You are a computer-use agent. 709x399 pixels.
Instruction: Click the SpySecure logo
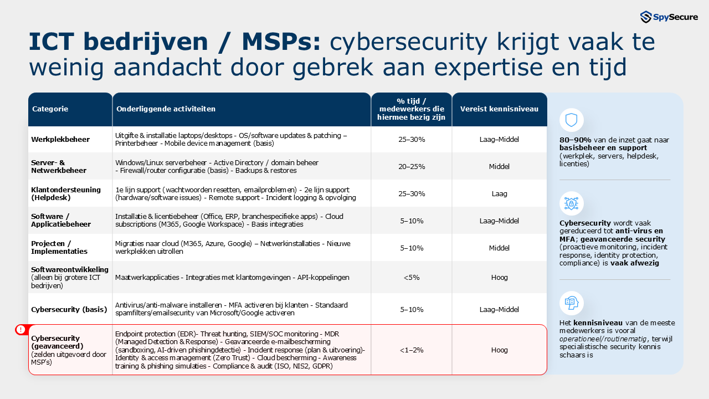pos(668,17)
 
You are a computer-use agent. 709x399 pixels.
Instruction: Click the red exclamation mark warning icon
pos(21,330)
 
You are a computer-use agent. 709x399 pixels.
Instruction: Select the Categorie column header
pos(50,109)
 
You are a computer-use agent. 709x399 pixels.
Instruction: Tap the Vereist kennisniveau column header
pos(499,109)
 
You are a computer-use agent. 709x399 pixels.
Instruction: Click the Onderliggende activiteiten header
pos(166,109)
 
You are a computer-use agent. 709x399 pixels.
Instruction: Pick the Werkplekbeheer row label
pos(60,140)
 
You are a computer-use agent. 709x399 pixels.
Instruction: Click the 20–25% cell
pos(412,166)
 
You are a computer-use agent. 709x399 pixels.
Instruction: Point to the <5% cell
pos(412,277)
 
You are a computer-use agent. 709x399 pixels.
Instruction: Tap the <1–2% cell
pos(412,350)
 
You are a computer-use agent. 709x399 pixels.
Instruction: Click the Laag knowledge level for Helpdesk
pos(499,194)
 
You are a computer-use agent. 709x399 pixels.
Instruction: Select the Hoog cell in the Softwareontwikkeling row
pos(499,277)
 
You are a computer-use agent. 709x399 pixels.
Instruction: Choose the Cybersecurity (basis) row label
pos(65,309)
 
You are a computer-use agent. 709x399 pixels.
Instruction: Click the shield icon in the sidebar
pos(571,120)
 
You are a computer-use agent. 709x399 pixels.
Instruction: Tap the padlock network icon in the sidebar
pos(571,203)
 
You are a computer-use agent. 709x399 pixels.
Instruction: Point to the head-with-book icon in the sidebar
pos(571,303)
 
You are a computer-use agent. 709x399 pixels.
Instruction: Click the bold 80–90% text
pos(574,140)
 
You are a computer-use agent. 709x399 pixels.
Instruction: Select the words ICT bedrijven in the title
pos(119,43)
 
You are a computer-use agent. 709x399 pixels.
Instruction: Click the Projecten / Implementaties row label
pos(51,247)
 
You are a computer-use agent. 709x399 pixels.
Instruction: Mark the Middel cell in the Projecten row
pos(499,248)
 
